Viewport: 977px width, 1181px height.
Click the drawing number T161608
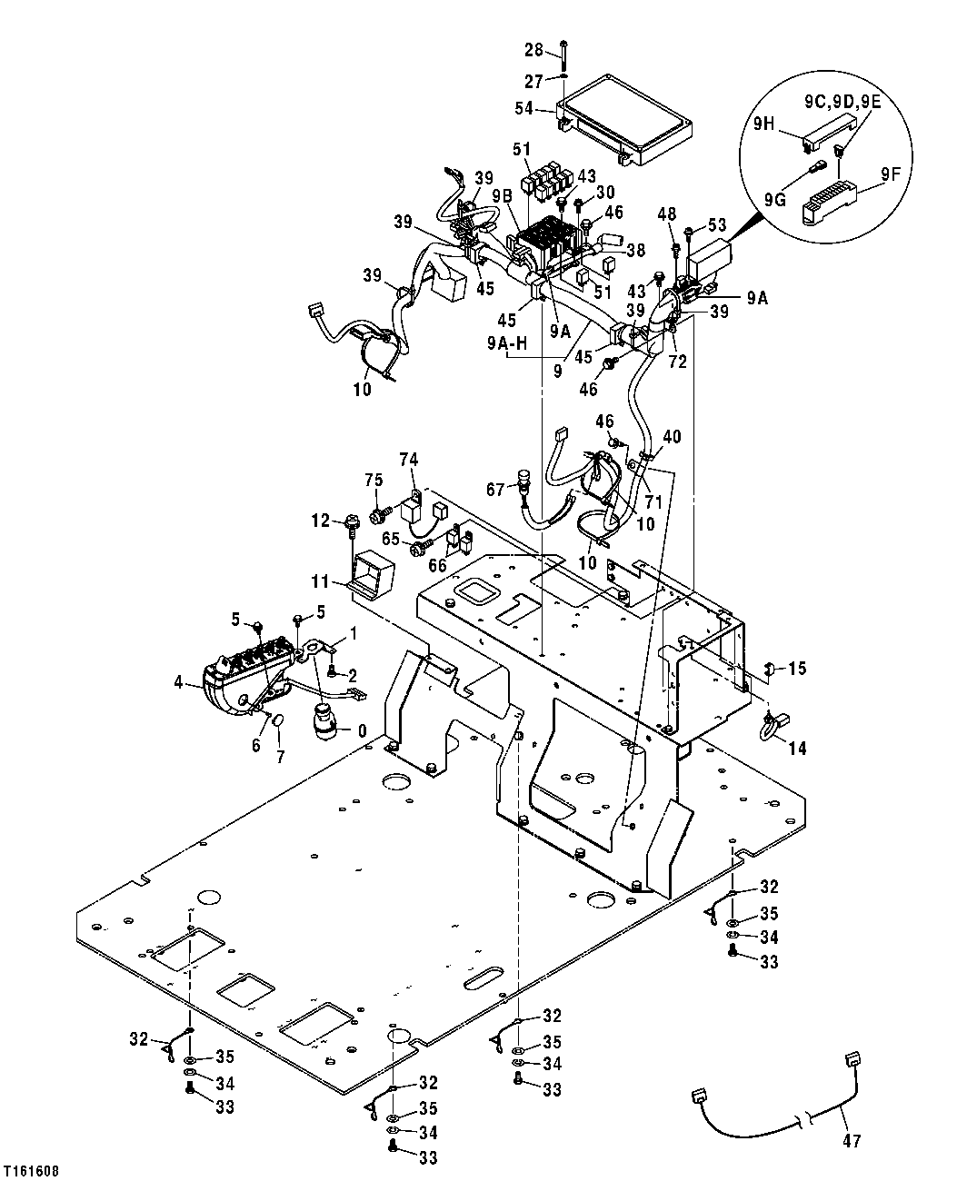[x=31, y=1171]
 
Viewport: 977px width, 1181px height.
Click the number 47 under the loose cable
[x=852, y=1140]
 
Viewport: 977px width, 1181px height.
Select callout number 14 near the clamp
[x=797, y=749]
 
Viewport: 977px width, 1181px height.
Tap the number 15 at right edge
[x=797, y=669]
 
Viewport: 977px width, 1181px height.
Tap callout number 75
[x=373, y=481]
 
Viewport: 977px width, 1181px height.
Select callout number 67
[x=494, y=491]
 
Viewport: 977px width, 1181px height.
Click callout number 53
[x=718, y=223]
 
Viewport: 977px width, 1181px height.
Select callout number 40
[x=671, y=436]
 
